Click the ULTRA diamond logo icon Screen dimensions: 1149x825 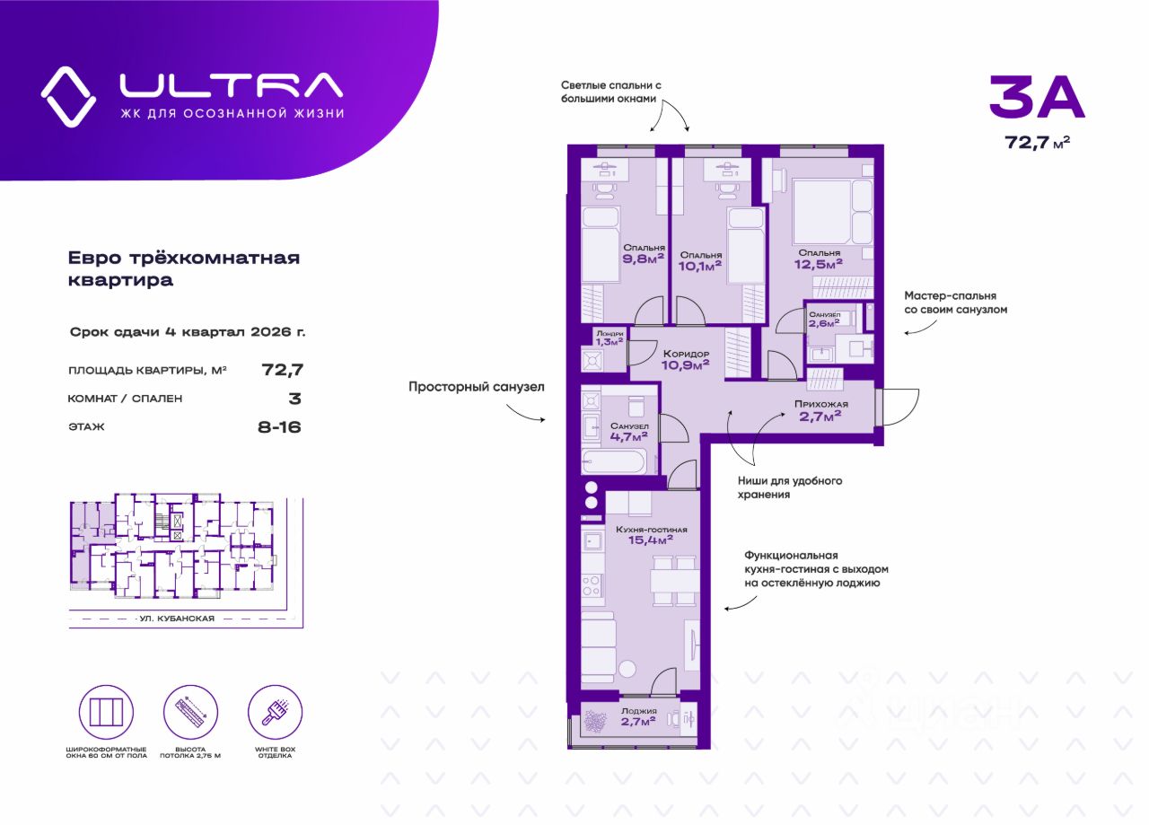click(68, 96)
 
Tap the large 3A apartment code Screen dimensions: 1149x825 click(1037, 98)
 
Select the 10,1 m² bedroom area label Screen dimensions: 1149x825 click(699, 260)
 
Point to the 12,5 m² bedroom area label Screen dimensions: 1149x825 click(820, 259)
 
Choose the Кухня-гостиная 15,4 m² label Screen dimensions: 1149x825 click(652, 535)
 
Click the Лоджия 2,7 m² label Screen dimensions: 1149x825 click(637, 719)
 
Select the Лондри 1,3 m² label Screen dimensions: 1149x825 click(610, 337)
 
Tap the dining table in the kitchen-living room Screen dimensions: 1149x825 click(673, 582)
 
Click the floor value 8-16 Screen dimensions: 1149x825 click(279, 426)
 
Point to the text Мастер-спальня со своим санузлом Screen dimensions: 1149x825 click(955, 302)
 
